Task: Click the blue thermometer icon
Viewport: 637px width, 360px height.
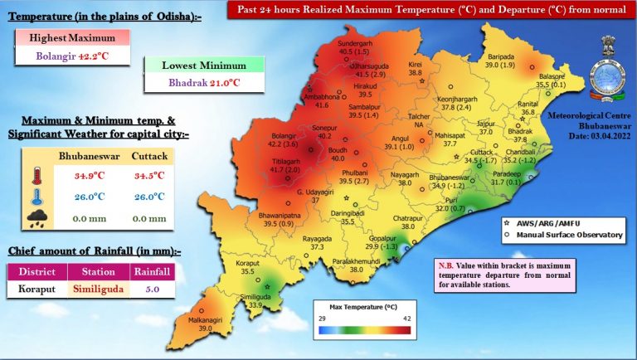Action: [x=34, y=197]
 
